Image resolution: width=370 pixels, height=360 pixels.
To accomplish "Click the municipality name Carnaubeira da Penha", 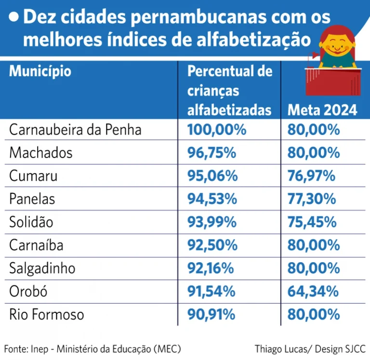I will click(x=75, y=130).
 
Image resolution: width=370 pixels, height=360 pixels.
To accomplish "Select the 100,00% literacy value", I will click(x=217, y=130).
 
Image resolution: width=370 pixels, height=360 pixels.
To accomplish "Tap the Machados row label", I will click(x=41, y=153).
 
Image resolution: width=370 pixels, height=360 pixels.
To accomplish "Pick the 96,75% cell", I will click(x=211, y=153).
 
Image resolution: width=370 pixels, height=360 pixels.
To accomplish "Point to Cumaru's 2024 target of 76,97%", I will click(x=311, y=176).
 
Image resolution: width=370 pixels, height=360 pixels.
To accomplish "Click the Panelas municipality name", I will click(x=32, y=199).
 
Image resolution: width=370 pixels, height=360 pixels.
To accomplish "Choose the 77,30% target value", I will click(x=312, y=199).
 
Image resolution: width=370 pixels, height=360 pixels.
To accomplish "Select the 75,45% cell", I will click(x=312, y=222).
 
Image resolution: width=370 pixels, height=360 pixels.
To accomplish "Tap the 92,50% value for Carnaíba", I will click(x=211, y=245).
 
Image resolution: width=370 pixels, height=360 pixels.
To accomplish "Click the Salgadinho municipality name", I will click(x=42, y=268).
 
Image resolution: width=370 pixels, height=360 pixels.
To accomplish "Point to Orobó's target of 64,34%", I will click(x=312, y=292).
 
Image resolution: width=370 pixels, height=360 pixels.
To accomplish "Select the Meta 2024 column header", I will click(x=322, y=110).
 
